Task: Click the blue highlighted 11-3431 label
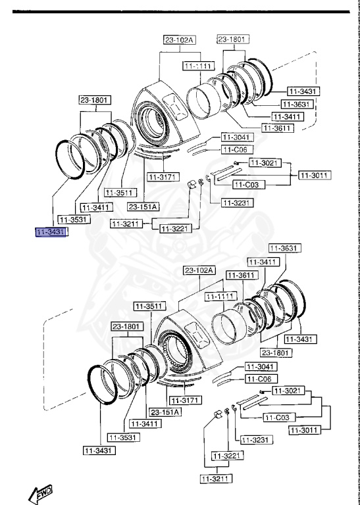(51, 232)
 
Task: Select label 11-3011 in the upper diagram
(315, 175)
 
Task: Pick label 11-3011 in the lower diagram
(305, 430)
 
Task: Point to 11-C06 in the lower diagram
(261, 379)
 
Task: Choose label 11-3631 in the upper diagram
(296, 105)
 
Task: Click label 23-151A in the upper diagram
(143, 206)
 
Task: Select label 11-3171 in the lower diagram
(184, 400)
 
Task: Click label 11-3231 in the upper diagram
(236, 203)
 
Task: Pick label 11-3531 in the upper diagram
(74, 219)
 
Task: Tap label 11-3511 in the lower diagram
(148, 306)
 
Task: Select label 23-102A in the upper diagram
(180, 40)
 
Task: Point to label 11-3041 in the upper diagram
(236, 137)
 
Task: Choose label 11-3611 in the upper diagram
(278, 128)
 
